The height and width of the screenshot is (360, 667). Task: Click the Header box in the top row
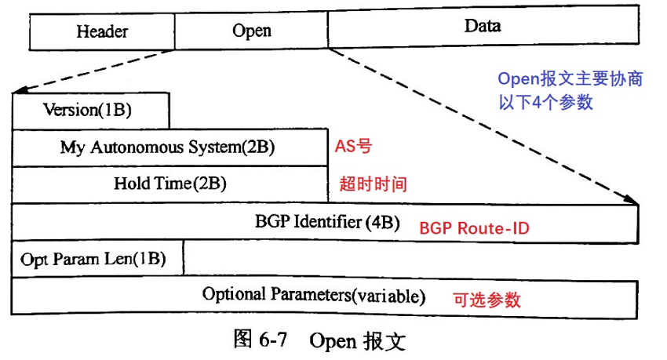pos(102,31)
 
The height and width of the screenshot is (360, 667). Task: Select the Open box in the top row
pos(251,31)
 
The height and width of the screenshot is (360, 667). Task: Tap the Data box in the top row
pos(483,27)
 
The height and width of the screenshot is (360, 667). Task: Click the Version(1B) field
pos(90,110)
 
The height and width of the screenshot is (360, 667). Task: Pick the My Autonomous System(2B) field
pos(168,147)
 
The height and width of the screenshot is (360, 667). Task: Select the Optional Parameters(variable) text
pos(314,296)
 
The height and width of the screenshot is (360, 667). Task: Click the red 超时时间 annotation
pos(373,184)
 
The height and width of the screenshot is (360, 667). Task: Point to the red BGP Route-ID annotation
pos(474,228)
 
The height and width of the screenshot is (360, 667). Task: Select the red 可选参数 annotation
pos(487,299)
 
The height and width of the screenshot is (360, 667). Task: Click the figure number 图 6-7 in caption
pos(262,340)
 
